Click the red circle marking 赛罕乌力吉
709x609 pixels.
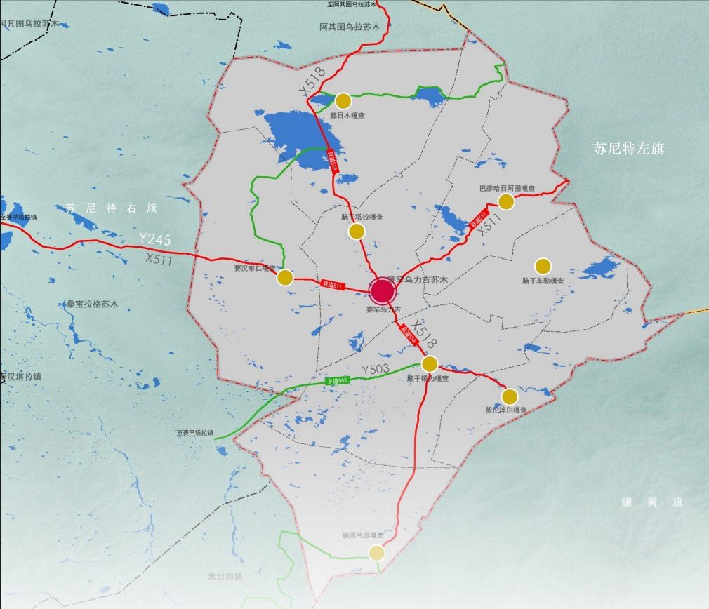tap(382, 290)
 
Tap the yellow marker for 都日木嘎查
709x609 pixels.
tap(343, 100)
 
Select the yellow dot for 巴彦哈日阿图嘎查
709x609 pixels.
tap(506, 201)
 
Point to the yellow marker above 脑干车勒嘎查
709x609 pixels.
tap(543, 266)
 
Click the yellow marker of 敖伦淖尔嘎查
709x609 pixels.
tap(510, 396)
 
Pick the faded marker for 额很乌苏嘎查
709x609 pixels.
tap(377, 552)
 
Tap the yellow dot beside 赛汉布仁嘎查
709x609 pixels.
tap(285, 277)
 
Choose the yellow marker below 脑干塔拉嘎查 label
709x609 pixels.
tap(357, 231)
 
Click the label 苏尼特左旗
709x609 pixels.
tap(629, 149)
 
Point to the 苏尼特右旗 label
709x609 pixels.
tap(112, 208)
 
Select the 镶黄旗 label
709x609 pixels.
tap(652, 502)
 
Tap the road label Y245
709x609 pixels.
tap(154, 240)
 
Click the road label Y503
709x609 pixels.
tap(376, 369)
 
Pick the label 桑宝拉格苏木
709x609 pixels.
tap(93, 304)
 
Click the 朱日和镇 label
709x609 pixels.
tap(225, 576)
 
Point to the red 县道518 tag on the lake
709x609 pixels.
tap(333, 164)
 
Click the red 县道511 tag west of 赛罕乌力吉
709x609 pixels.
tap(333, 284)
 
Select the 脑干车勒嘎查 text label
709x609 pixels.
tap(543, 281)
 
